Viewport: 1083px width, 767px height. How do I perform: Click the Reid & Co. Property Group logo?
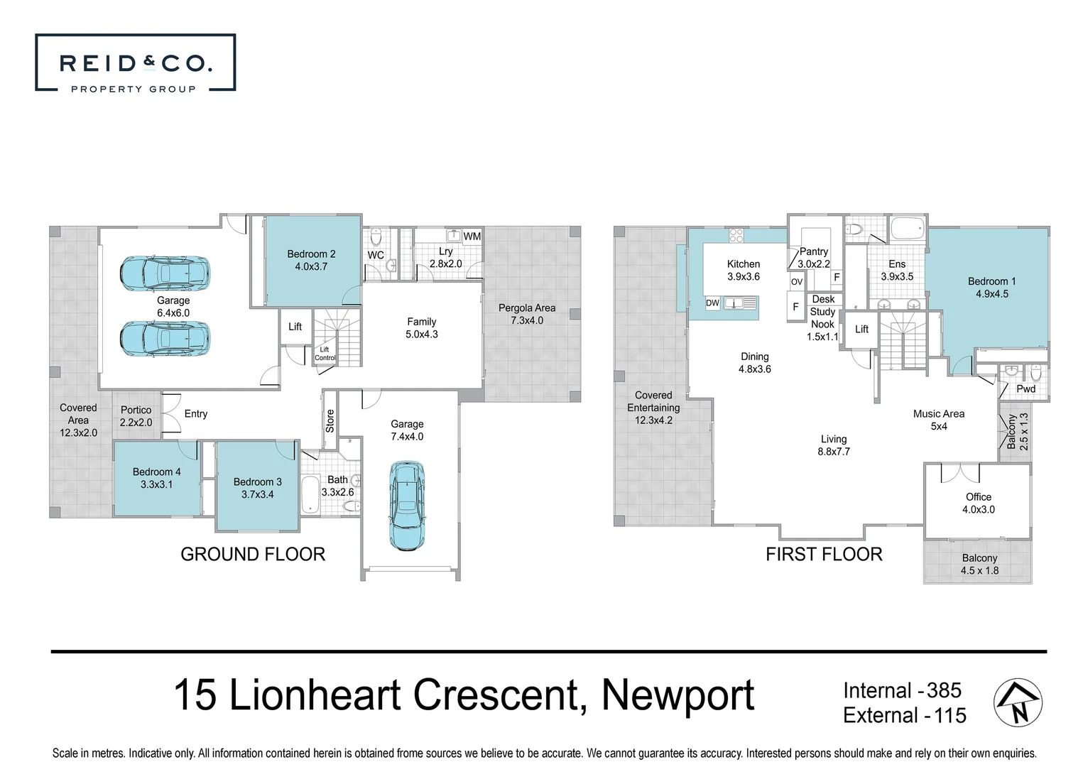(x=135, y=63)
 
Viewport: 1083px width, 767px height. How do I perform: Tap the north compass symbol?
(x=1017, y=702)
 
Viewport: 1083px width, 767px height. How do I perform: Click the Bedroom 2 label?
(x=311, y=254)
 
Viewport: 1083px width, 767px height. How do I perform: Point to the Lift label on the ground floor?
(x=295, y=327)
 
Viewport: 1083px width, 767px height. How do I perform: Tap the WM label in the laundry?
(x=472, y=236)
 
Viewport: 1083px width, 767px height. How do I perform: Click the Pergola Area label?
(x=527, y=308)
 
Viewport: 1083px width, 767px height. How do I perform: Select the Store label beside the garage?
(x=330, y=420)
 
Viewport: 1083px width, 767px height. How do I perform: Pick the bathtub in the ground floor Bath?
(x=310, y=494)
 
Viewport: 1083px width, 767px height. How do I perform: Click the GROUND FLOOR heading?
(x=253, y=555)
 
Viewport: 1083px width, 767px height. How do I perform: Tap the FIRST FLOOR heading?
(x=824, y=555)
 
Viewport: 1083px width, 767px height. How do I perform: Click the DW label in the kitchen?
(x=712, y=303)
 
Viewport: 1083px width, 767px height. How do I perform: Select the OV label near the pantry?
(x=796, y=282)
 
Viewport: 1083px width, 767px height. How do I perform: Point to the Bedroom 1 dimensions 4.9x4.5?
(x=991, y=294)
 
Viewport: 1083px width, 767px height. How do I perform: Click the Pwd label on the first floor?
(x=1025, y=389)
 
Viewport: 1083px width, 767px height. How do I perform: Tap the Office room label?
(x=978, y=497)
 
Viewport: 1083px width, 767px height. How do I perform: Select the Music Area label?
(x=938, y=414)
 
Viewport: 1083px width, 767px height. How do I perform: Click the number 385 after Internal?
(x=944, y=690)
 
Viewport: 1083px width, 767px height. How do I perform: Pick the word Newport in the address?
(x=677, y=695)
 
